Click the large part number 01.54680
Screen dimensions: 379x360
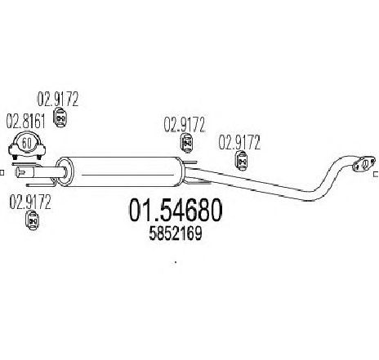(176, 210)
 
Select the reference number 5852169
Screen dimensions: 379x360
(176, 233)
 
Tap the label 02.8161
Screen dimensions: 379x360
(26, 122)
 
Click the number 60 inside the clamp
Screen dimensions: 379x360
(26, 143)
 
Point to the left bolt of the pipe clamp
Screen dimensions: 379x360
(16, 157)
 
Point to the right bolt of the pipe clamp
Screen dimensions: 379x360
(39, 157)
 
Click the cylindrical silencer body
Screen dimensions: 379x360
(121, 171)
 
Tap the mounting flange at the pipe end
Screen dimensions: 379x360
(363, 164)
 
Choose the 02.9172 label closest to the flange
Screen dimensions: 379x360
(239, 142)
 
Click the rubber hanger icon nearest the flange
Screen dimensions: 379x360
(241, 161)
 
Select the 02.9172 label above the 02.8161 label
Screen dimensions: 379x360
(58, 99)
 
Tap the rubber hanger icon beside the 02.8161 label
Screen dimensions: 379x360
(60, 118)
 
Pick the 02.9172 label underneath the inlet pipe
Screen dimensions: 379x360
(30, 202)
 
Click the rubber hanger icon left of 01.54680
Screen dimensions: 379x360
(33, 220)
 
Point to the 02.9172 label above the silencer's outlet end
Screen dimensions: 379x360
(185, 125)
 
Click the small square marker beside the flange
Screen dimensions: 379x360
(377, 174)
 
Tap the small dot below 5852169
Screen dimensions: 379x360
(176, 263)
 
